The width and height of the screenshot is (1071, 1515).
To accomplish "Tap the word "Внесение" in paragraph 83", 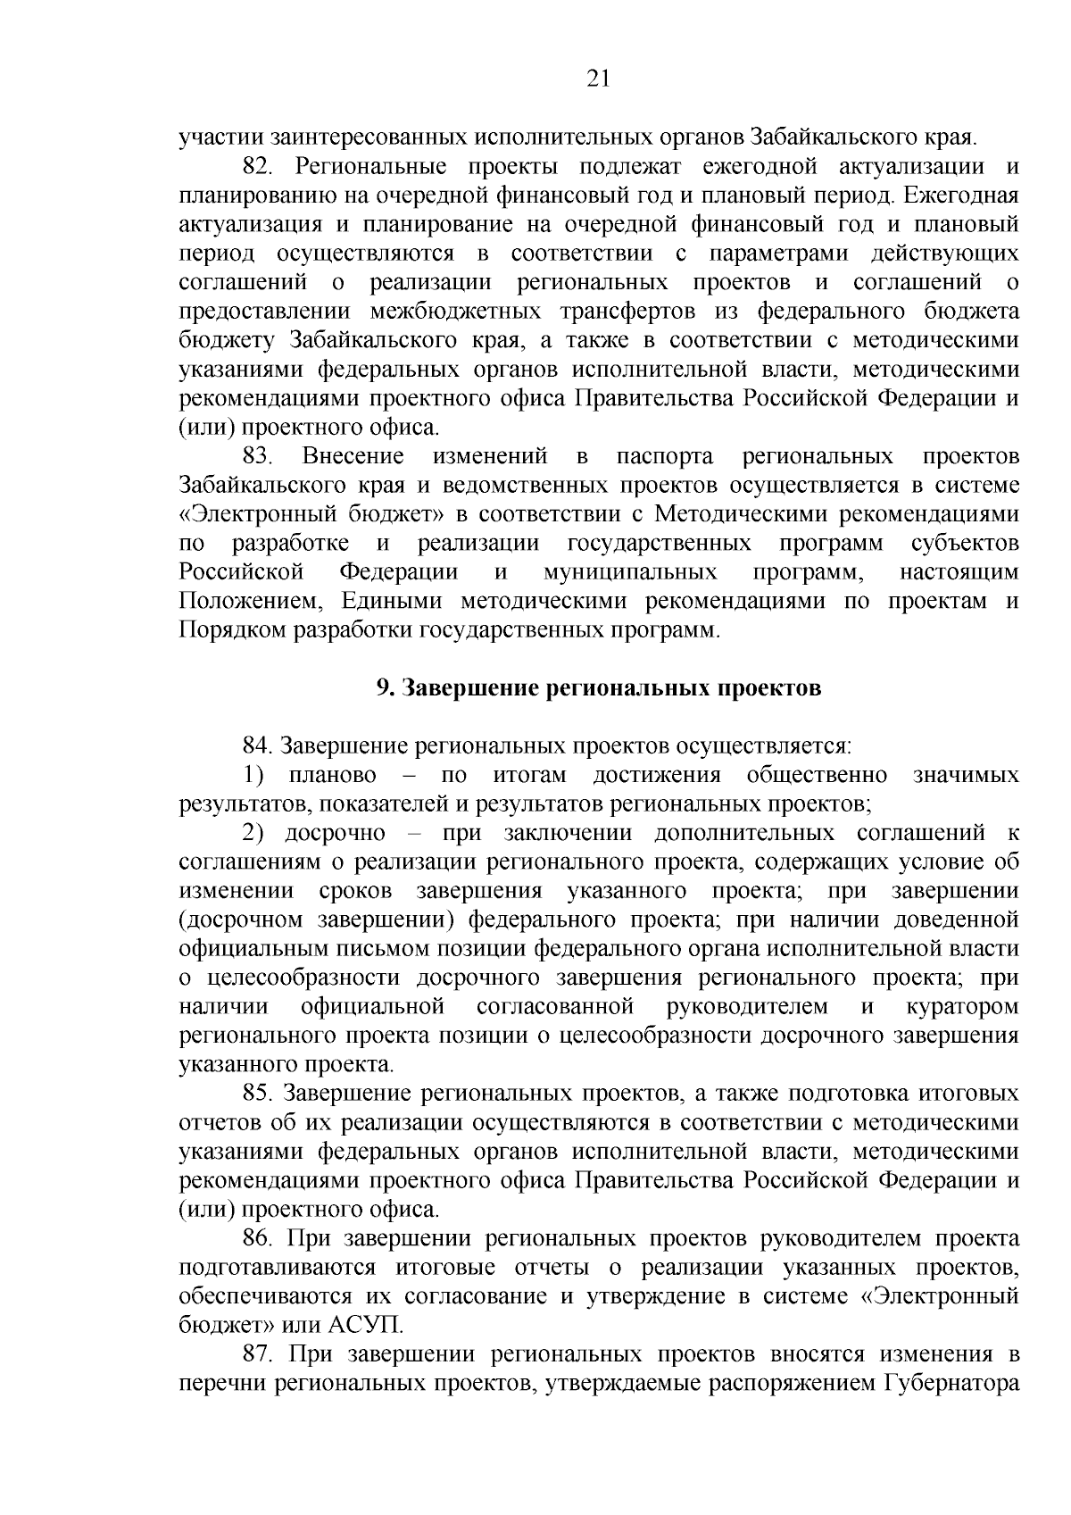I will pyautogui.click(x=353, y=456).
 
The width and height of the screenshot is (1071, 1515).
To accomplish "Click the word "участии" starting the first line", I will pyautogui.click(x=215, y=137).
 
